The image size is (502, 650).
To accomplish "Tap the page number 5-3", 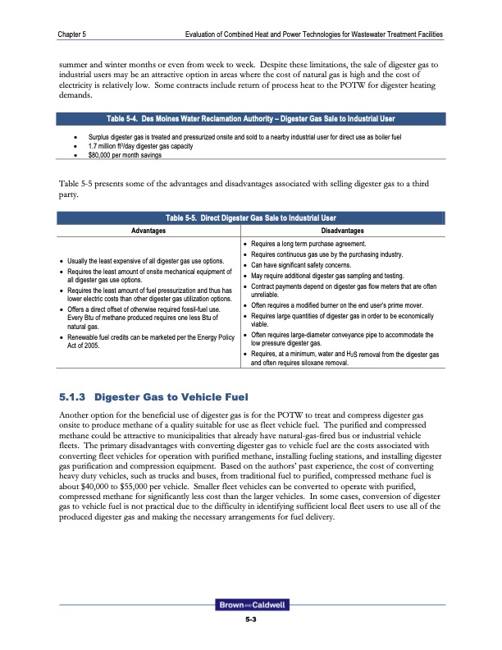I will coord(251,620).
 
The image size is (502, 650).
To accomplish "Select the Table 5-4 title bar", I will coord(251,117).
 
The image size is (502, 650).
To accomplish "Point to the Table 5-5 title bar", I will coord(251,217).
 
